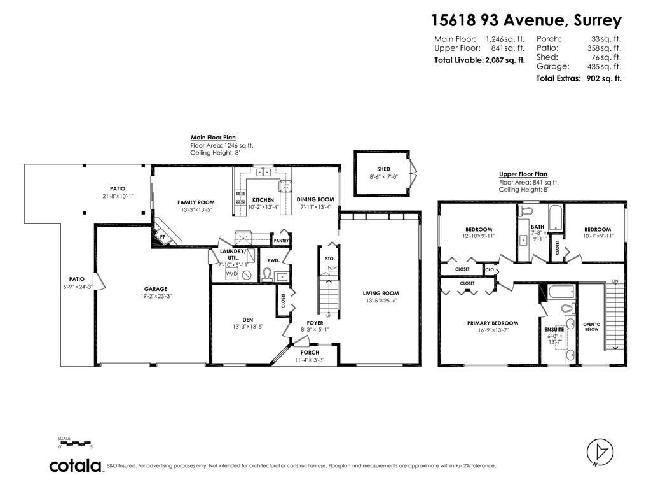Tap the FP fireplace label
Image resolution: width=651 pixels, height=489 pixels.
pyautogui.click(x=163, y=237)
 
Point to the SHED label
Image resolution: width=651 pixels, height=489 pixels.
pyautogui.click(x=383, y=169)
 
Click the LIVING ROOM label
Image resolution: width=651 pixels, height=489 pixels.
pyautogui.click(x=381, y=294)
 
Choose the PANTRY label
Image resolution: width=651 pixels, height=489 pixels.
pyautogui.click(x=281, y=241)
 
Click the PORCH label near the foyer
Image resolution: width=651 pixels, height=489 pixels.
pyautogui.click(x=310, y=353)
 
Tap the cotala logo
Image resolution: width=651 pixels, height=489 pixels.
pyautogui.click(x=76, y=466)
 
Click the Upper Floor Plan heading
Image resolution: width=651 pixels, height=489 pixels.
pyautogui.click(x=523, y=174)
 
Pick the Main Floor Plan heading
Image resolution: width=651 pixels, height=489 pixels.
pyautogui.click(x=214, y=137)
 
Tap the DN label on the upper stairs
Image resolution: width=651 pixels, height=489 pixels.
pyautogui.click(x=614, y=281)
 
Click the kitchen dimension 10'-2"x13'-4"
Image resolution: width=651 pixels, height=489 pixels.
pyautogui.click(x=263, y=206)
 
